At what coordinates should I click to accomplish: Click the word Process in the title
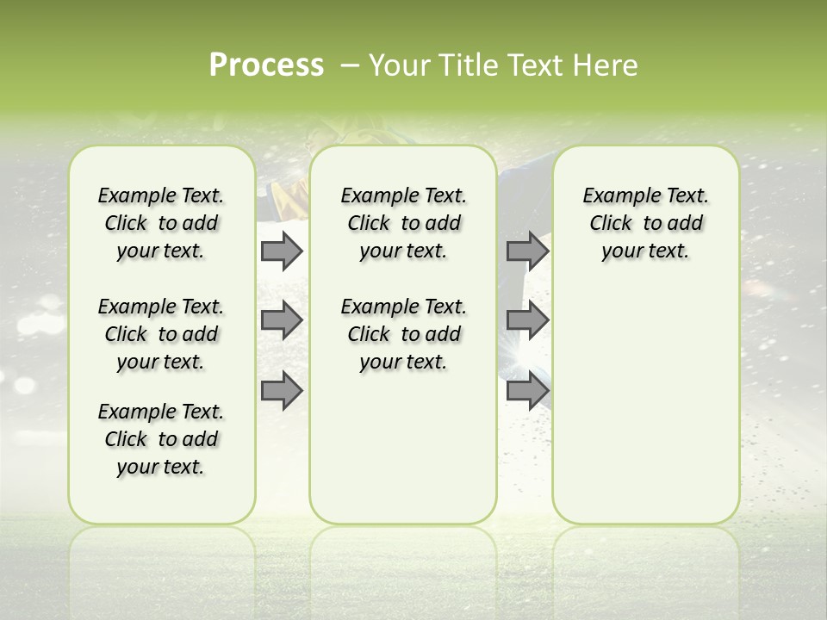point(266,65)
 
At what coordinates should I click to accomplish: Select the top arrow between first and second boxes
point(282,251)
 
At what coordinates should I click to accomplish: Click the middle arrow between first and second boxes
point(282,320)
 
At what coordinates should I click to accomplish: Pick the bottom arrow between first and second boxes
point(282,390)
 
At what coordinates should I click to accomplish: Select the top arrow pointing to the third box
point(527,251)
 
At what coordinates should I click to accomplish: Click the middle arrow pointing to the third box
point(527,320)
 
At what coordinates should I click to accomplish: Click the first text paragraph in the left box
point(161,224)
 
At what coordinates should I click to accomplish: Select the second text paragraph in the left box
point(161,334)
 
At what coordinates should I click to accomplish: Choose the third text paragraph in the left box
point(161,439)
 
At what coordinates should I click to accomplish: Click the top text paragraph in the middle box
point(403,224)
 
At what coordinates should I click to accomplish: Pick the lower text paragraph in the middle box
point(403,334)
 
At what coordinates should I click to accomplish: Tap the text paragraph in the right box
point(646,224)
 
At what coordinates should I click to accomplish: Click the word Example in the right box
point(614,196)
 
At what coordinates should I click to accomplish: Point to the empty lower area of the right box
point(646,405)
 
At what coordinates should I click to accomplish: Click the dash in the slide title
point(350,65)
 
